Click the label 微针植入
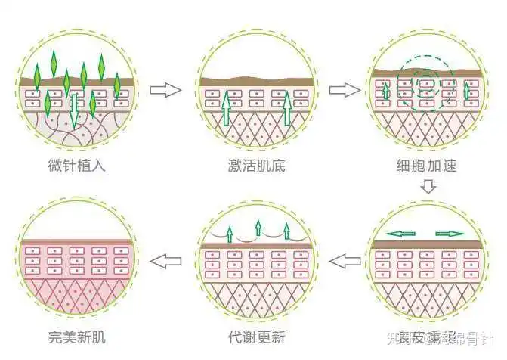[x=76, y=164]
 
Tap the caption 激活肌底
[x=256, y=164]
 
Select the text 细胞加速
[x=427, y=164]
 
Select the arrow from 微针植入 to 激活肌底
[x=165, y=90]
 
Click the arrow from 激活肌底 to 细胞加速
[x=344, y=90]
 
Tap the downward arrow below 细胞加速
[x=428, y=186]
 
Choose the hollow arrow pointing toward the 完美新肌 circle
[x=166, y=262]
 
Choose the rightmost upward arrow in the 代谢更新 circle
[x=287, y=231]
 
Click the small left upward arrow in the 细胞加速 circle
[x=385, y=92]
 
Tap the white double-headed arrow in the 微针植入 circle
[x=75, y=107]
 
